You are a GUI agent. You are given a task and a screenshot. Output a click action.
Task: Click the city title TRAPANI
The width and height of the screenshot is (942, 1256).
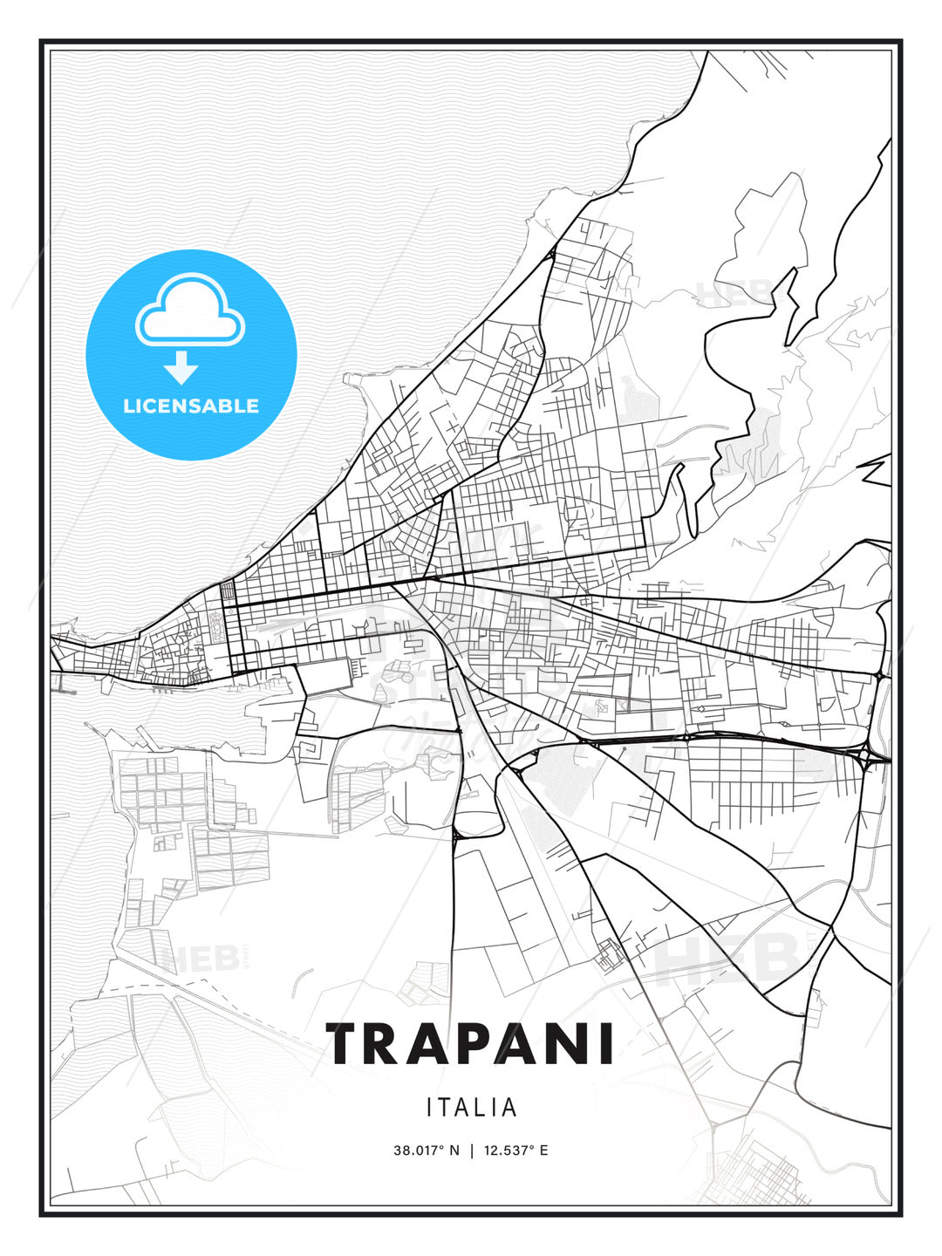471,1044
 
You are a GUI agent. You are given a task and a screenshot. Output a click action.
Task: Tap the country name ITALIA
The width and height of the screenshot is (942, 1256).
471,1108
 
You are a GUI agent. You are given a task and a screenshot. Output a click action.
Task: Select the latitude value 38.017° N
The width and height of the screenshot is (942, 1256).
426,1150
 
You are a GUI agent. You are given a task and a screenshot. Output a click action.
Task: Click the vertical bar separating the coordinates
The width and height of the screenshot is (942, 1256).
471,1150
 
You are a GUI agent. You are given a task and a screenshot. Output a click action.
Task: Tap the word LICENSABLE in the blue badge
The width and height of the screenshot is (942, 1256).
191,406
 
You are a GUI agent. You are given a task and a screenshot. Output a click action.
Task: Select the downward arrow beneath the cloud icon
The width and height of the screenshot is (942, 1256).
181,367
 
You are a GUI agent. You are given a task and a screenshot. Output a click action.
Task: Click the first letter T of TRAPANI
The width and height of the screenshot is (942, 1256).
346,1044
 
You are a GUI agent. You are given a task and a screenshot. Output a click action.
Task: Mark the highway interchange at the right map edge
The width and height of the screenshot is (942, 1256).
875,757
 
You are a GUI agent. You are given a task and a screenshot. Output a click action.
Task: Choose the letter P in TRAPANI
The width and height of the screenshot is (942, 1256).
468,1044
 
